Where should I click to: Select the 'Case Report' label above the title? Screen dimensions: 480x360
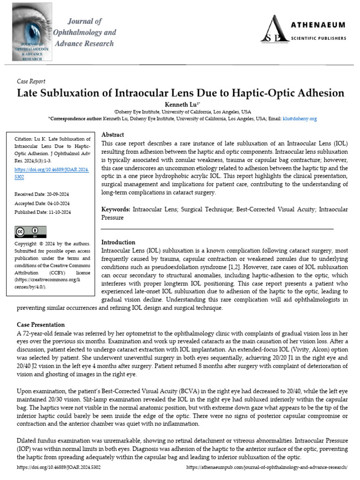pyautogui.click(x=31, y=81)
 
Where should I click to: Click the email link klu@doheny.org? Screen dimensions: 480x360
pyautogui.click(x=299, y=119)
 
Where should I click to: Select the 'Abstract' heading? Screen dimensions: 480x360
pyautogui.click(x=112, y=135)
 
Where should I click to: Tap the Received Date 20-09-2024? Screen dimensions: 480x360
pyautogui.click(x=43, y=194)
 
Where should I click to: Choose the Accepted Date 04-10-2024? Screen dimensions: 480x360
pyautogui.click(x=43, y=203)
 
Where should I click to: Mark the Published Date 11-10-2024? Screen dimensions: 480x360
pyautogui.click(x=43, y=212)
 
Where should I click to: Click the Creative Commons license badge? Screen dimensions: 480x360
pyautogui.click(x=31, y=232)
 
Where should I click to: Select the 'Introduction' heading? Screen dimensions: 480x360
pyautogui.click(x=118, y=242)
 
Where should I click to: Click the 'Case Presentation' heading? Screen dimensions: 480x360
pyautogui.click(x=41, y=325)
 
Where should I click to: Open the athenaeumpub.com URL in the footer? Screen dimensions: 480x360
pyautogui.click(x=267, y=467)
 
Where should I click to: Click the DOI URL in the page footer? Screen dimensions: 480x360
pyautogui.click(x=59, y=467)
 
